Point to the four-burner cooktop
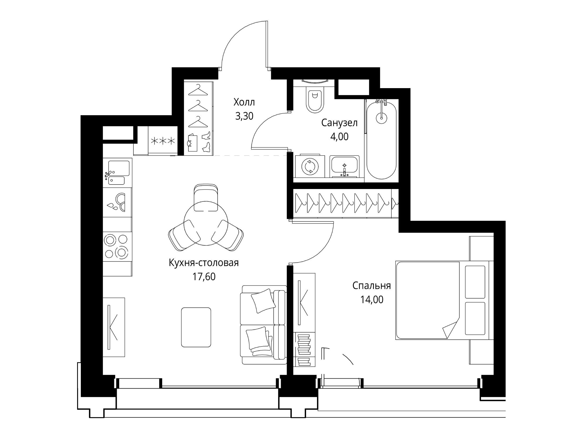[x=117, y=246]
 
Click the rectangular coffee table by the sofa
[x=196, y=327]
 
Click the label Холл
[x=244, y=102]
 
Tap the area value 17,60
[x=204, y=277]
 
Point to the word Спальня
[x=372, y=286]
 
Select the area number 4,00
[x=339, y=136]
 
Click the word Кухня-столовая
[x=204, y=263]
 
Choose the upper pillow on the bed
[x=475, y=282]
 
